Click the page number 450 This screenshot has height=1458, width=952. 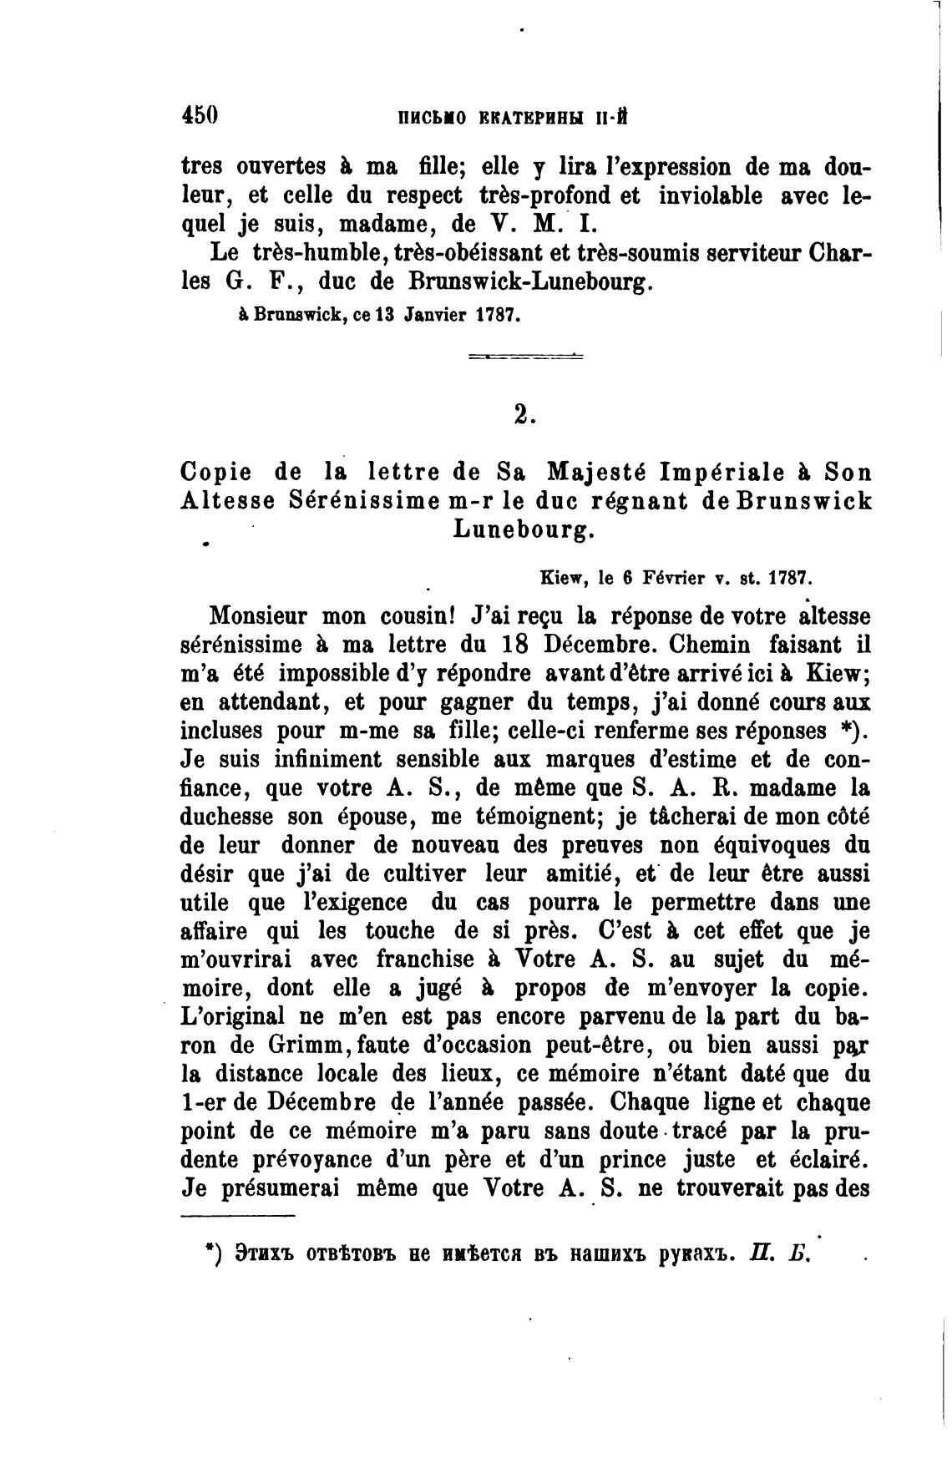click(200, 114)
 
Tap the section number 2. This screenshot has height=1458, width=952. click(524, 414)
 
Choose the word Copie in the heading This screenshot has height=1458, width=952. click(216, 473)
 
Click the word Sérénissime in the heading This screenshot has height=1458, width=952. click(362, 501)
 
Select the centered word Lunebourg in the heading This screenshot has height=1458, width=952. click(524, 529)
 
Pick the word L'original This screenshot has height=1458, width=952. click(234, 1016)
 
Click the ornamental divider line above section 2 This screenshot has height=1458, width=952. click(525, 357)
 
